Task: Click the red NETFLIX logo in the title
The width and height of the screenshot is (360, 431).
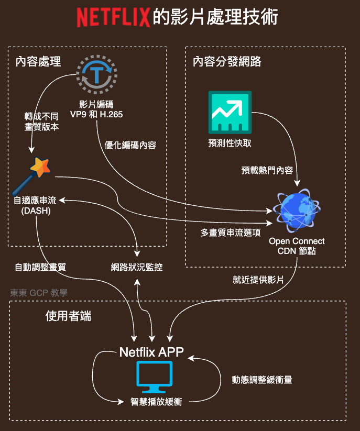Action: coord(113,17)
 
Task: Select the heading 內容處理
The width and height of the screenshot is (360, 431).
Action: coord(38,62)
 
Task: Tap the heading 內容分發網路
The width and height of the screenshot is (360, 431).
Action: coord(227,62)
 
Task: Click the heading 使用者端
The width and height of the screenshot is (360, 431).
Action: coord(68,316)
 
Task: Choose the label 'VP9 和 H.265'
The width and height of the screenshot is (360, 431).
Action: coord(96,114)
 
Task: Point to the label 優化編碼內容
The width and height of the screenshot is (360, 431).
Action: coord(130,145)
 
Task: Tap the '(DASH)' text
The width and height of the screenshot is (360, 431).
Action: coord(36,211)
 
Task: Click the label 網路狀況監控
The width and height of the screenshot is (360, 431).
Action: coord(137,267)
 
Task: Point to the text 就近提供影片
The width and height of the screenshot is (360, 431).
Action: coord(258,280)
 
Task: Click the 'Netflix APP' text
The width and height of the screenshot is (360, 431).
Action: coord(151,352)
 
